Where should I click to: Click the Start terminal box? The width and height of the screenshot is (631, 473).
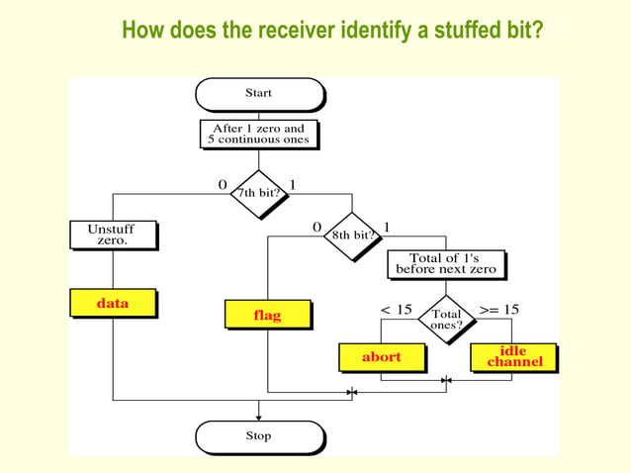259,94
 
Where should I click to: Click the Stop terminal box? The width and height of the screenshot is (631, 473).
259,436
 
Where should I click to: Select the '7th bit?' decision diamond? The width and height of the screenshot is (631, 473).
258,192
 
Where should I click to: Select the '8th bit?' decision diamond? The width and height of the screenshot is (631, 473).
351,236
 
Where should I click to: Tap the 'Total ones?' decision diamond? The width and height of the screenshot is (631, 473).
445,320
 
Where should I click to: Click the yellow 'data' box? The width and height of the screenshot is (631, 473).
113,303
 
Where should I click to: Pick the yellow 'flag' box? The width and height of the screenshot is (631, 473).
267,315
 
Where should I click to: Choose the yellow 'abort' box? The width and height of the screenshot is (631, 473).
381,356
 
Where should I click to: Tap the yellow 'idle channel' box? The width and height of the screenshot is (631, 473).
513,356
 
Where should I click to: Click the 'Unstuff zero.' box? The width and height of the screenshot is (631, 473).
113,235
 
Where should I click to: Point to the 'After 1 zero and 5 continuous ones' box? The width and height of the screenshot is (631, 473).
258,134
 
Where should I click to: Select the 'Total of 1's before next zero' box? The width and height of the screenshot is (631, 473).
446,263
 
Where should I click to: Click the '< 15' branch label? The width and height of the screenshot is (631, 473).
396,310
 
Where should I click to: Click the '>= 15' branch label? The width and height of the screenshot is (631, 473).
498,310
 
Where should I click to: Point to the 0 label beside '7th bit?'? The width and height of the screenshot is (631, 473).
223,185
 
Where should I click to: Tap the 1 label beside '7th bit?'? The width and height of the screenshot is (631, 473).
294,185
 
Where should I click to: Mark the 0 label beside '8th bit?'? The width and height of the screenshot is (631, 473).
316,228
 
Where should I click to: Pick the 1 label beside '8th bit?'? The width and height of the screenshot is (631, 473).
387,228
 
